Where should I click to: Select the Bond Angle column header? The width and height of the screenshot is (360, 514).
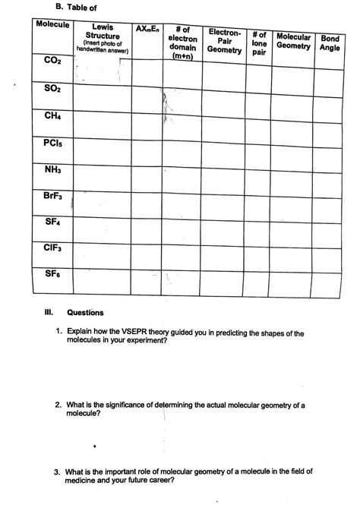[x=330, y=43]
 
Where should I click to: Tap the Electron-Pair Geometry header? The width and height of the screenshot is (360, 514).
[x=224, y=41]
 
